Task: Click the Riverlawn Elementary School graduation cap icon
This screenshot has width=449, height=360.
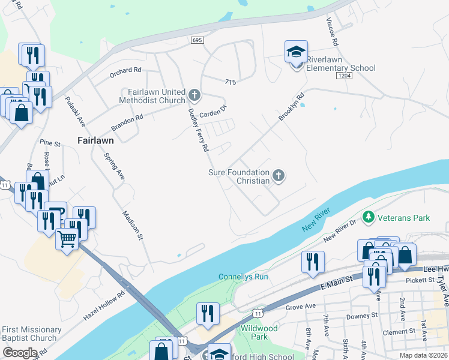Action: [296, 52]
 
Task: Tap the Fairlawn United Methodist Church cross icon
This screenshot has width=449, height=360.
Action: [194, 95]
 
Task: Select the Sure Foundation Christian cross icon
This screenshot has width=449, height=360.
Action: [278, 175]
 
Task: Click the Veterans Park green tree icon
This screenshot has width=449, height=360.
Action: [368, 217]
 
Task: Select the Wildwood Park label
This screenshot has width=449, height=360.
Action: [259, 332]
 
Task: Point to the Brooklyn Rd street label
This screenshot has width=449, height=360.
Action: [292, 106]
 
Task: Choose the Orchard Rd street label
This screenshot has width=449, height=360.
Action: [125, 70]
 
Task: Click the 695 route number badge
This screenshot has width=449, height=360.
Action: [197, 40]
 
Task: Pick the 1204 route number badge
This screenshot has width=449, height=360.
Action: [343, 76]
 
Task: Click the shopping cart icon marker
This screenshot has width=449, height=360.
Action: [67, 239]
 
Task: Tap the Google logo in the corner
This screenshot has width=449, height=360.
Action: [20, 353]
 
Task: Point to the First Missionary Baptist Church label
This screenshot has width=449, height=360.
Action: [31, 334]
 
